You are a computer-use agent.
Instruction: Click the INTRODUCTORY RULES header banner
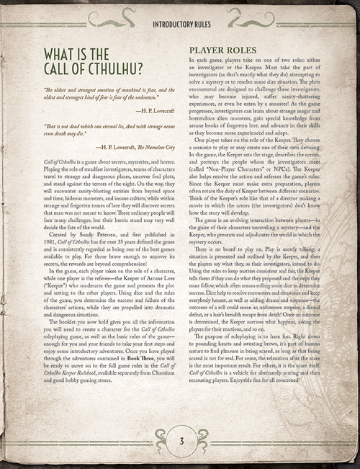click(x=180, y=24)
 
